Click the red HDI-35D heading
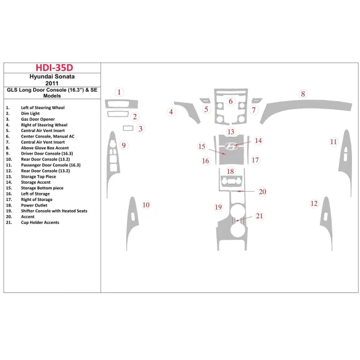click(54, 68)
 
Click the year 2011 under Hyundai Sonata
click(52, 83)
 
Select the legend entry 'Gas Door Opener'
click(38, 119)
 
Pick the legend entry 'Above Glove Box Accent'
click(45, 148)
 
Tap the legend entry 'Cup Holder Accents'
click(40, 223)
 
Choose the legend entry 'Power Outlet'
click(34, 205)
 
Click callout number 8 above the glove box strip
click(303, 94)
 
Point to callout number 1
click(119, 92)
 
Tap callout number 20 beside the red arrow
click(263, 192)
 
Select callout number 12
click(314, 203)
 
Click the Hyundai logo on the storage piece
click(231, 146)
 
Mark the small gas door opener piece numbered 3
click(128, 128)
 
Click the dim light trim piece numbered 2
click(118, 114)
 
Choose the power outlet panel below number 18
click(231, 180)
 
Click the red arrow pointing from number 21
click(243, 219)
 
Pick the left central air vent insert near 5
click(205, 100)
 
